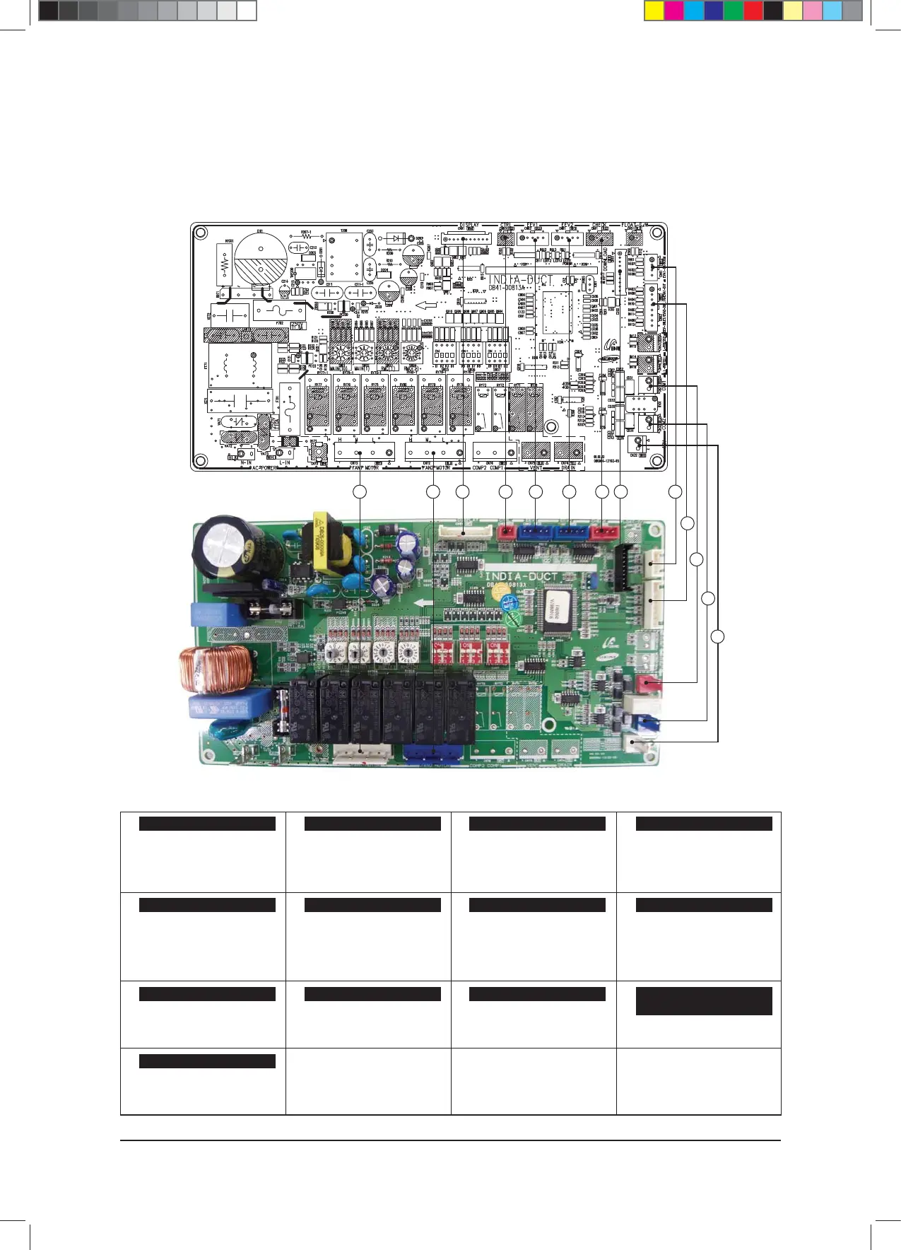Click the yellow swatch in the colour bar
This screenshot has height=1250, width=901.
point(654,11)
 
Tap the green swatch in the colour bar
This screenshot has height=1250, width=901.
point(734,11)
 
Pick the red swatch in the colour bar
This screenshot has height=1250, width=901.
point(753,11)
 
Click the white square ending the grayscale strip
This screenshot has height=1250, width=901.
point(246,11)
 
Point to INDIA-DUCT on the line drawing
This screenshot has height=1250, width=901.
point(522,280)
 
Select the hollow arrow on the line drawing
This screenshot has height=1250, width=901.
point(426,305)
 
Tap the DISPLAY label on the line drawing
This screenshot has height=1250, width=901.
point(469,226)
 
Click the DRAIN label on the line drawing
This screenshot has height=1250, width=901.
point(568,468)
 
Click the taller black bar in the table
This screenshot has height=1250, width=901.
point(703,1000)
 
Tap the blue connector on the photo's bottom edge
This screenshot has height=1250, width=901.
point(432,753)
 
